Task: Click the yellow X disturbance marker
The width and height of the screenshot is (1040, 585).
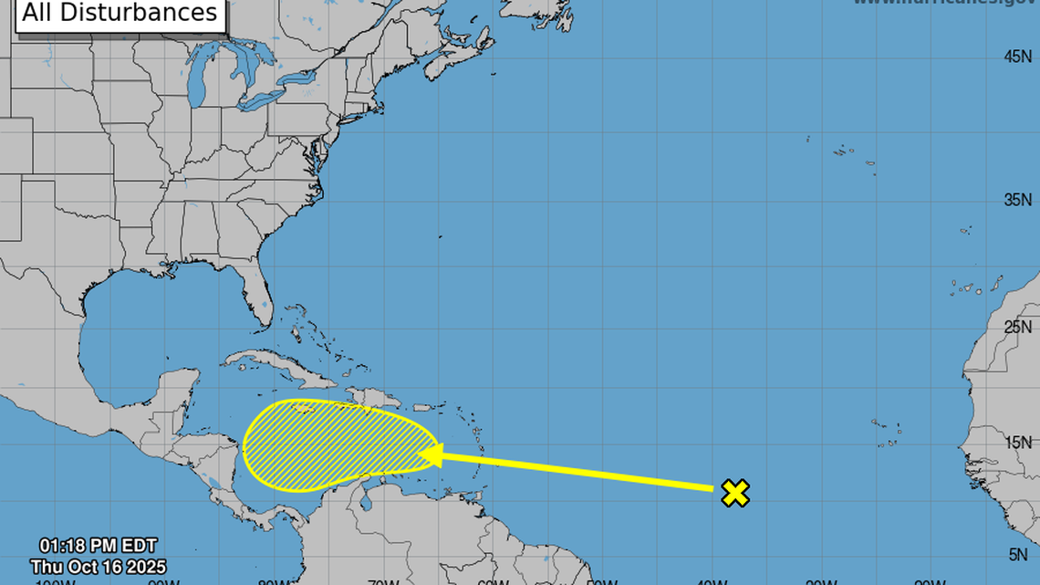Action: coord(735,493)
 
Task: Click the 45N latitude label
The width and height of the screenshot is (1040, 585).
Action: coord(1017,57)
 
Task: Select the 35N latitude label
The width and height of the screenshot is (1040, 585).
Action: coord(1017,200)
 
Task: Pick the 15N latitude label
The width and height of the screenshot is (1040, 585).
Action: coord(1017,443)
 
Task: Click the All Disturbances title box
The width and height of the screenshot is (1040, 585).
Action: coord(120,14)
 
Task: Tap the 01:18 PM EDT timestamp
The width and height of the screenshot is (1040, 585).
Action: coord(98,547)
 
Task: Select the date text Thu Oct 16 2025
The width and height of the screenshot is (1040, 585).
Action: coord(98,567)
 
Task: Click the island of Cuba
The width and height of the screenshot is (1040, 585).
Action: coord(274,365)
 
